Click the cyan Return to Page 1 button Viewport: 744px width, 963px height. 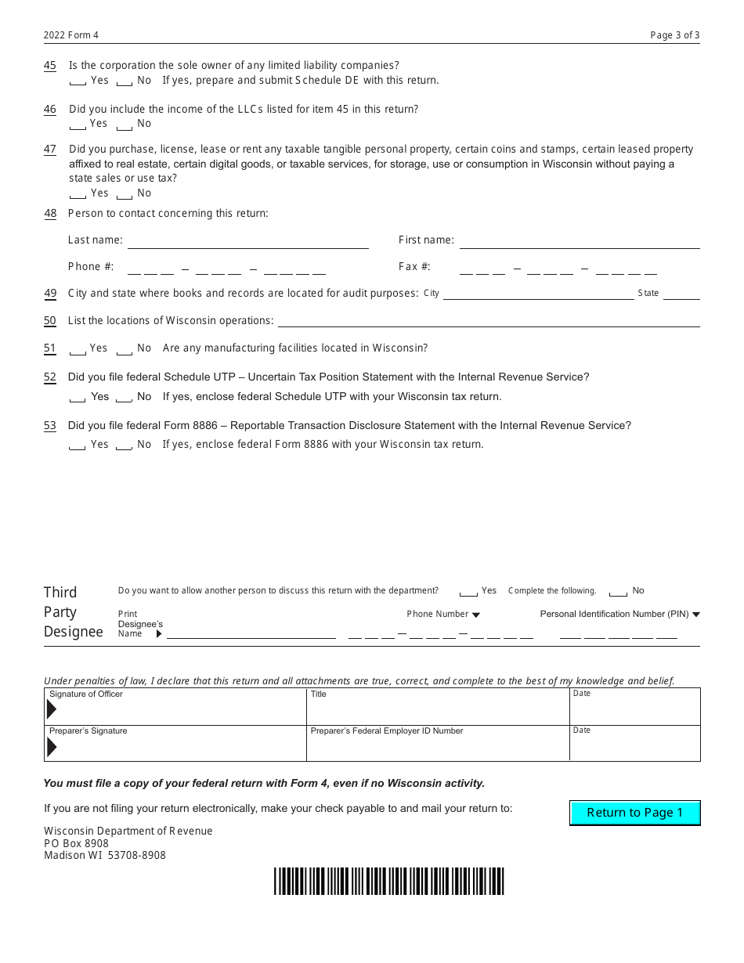click(634, 813)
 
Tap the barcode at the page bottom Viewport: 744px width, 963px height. click(389, 881)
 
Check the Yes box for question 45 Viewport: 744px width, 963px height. click(78, 81)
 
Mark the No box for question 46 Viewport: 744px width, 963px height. click(125, 124)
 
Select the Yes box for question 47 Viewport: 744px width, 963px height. click(78, 194)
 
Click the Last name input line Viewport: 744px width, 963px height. click(247, 242)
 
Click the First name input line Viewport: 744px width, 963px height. click(579, 242)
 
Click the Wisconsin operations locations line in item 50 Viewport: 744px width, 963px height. click(489, 321)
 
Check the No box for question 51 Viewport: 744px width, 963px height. click(125, 349)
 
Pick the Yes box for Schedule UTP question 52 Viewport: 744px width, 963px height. click(78, 398)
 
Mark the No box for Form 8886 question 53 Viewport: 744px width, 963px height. click(125, 445)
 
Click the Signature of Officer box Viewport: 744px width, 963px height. click(175, 707)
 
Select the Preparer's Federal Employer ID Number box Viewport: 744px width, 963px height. click(438, 744)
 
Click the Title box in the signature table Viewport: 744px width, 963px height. click(438, 707)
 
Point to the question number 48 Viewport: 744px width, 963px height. click(50, 214)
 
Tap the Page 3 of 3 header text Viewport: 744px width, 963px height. click(674, 35)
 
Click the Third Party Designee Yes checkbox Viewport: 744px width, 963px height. click(468, 592)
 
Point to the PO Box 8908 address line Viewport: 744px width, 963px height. click(77, 843)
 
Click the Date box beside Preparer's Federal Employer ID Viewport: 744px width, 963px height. click(634, 744)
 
